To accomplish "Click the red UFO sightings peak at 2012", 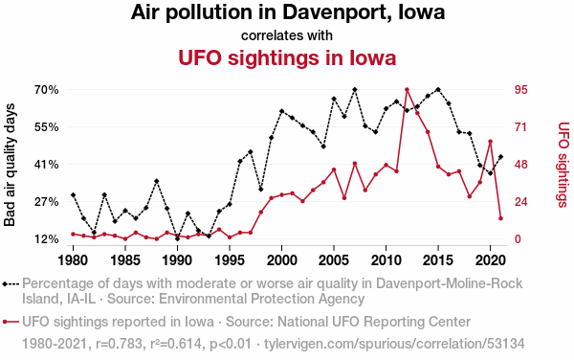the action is coord(407,89).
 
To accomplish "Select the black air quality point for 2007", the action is coord(355,89).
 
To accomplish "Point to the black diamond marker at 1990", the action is coord(178,238).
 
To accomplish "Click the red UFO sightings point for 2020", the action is coord(490,142).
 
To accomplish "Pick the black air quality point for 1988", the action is coord(157,181).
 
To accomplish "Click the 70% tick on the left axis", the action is coord(47,90).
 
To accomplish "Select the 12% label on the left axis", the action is coord(47,239).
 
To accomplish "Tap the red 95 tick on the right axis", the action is coord(521,90).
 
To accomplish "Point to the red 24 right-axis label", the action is coord(521,202).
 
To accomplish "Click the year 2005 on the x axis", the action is coord(334,260).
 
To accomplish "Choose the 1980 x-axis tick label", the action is coord(74,260).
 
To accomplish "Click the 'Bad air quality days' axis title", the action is coord(10,165).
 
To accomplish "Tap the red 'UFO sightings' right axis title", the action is coord(563,165).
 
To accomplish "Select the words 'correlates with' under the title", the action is coord(287,35).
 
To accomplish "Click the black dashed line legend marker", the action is coord(11,283).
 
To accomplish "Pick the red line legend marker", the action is coord(11,322).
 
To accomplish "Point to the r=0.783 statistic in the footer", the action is coord(119,344).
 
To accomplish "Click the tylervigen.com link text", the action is coord(394,344).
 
